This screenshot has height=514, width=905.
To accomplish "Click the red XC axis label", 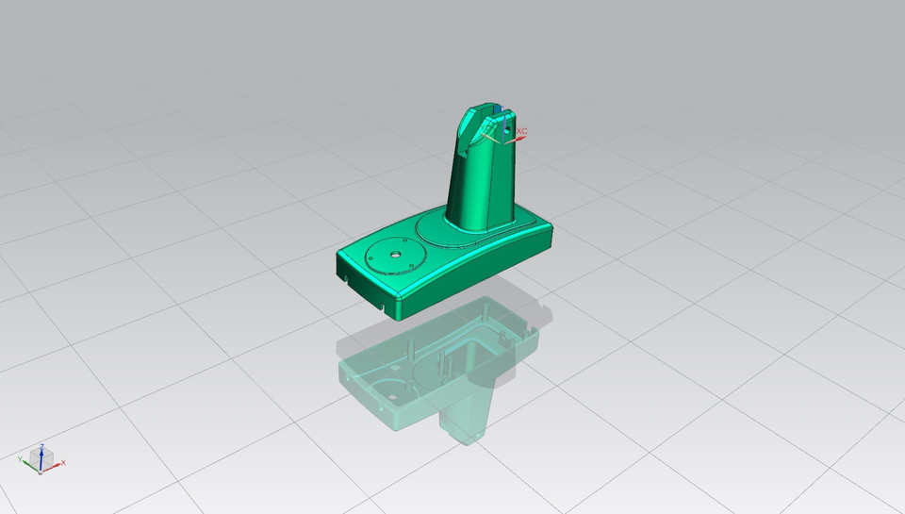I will [x=522, y=131].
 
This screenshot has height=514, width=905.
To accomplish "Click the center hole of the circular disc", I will [x=394, y=254].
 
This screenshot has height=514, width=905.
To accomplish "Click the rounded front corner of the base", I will [x=403, y=306].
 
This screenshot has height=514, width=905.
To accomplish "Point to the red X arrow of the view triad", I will [x=59, y=462].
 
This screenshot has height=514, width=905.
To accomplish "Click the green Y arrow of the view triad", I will [x=23, y=458].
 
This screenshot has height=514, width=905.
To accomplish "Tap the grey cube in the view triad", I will [x=41, y=459].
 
